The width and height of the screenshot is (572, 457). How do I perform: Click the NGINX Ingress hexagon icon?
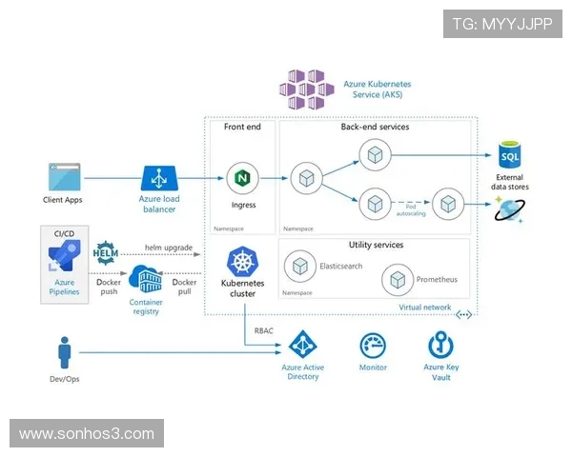(x=243, y=178)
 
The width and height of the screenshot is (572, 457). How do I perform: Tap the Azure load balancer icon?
(x=158, y=178)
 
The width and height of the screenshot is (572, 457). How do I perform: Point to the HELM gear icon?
(x=106, y=253)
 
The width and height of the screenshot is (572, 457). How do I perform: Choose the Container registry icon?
(x=145, y=280)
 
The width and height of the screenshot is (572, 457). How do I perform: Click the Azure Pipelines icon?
(x=64, y=257)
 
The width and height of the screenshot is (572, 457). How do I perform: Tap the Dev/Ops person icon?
(x=65, y=354)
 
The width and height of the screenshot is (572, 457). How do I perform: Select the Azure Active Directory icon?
(x=303, y=346)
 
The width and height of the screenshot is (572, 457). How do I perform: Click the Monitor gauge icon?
(x=373, y=346)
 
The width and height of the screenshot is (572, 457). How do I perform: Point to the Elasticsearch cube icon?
(x=303, y=267)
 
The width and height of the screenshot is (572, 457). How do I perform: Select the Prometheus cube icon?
(x=396, y=280)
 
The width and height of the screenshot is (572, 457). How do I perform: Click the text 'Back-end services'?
(x=375, y=127)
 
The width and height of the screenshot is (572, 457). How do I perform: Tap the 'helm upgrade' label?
(x=168, y=248)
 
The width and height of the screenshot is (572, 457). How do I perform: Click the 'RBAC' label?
(x=264, y=330)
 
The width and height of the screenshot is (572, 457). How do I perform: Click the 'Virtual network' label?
(x=425, y=308)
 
